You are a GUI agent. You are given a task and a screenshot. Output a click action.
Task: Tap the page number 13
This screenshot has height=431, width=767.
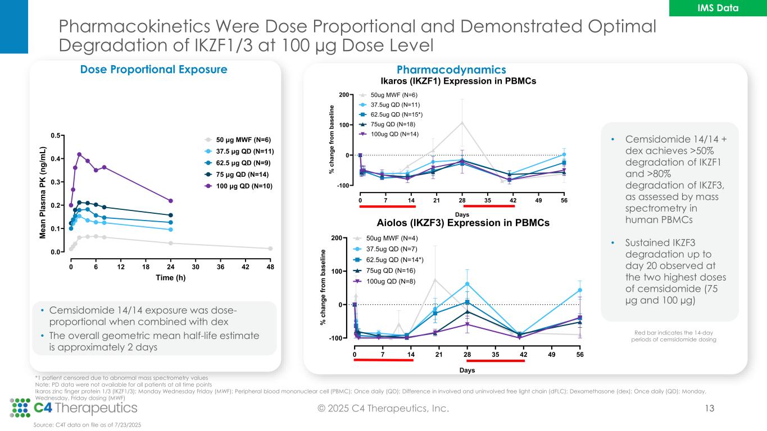[710, 409]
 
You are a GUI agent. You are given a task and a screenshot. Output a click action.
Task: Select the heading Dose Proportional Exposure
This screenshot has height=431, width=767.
[154, 70]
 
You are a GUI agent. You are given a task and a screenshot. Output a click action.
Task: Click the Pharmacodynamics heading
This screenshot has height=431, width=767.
[451, 70]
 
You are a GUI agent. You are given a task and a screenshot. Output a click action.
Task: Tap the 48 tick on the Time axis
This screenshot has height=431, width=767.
[270, 267]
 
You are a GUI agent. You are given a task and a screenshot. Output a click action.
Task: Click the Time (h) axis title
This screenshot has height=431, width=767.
[170, 278]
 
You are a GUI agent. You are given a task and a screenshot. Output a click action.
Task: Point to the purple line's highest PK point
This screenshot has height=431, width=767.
[79, 154]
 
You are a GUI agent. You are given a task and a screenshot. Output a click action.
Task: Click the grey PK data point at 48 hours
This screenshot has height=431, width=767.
[270, 248]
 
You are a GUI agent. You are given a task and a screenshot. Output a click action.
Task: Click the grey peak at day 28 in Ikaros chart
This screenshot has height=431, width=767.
[462, 122]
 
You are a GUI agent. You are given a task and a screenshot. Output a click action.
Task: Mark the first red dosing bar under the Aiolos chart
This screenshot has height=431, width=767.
[383, 360]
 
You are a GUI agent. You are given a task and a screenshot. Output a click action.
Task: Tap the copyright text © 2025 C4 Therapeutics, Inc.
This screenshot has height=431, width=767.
[383, 409]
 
